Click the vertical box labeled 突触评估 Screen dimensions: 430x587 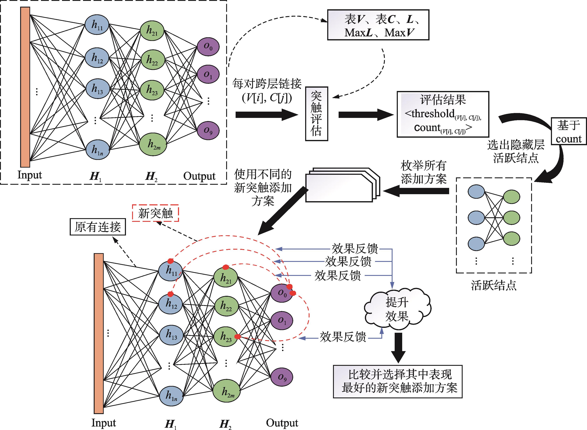pos(316,114)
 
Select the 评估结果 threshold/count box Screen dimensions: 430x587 pos(443,114)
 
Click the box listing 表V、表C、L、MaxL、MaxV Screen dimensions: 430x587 pos(378,25)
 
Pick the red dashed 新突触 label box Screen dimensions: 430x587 pos(155,213)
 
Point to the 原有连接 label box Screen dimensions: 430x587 pos(98,227)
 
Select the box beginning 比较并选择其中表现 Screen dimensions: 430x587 pos(397,382)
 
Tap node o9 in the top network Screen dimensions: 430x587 pos(208,130)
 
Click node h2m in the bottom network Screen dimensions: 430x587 pos(226,391)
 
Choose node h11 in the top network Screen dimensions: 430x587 pos(97,25)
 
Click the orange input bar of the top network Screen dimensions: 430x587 pos(25,87)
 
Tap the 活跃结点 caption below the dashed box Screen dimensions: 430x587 pos(493,285)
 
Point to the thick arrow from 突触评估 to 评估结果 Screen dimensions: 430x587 pos(365,115)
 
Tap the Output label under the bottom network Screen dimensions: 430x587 pos(282,423)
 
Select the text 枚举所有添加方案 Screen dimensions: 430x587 pos(424,172)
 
